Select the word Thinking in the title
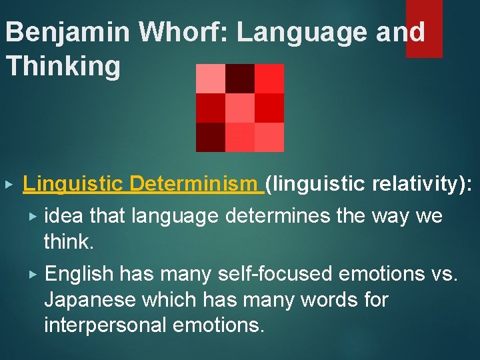[63, 67]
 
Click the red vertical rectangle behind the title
[424, 28]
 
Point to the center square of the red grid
[240, 108]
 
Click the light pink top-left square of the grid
[211, 79]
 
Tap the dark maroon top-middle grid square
[240, 79]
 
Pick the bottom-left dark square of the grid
[211, 137]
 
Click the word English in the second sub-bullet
[80, 274]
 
